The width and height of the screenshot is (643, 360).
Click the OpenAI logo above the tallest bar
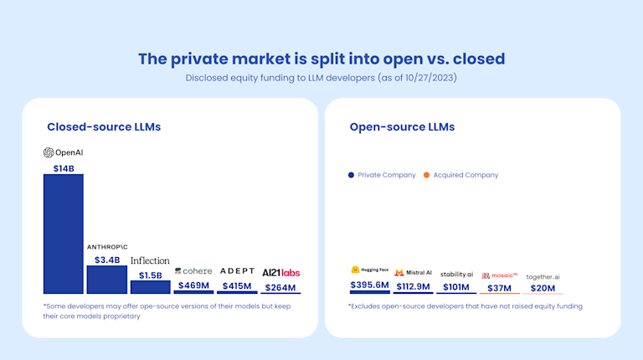click(63, 152)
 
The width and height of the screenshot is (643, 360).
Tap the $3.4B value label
click(106, 260)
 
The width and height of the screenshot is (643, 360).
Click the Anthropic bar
click(106, 280)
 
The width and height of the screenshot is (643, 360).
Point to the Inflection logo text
click(150, 260)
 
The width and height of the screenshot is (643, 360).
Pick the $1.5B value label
click(150, 275)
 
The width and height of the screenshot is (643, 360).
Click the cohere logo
click(193, 271)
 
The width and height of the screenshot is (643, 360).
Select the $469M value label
click(193, 285)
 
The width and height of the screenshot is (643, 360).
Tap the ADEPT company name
click(237, 271)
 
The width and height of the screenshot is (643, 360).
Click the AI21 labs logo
click(280, 272)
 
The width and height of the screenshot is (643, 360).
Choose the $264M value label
click(280, 287)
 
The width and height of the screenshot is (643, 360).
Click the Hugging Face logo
click(369, 270)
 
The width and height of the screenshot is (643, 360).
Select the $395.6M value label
click(369, 285)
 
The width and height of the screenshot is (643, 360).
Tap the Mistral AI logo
click(413, 272)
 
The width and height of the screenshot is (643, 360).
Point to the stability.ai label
click(456, 274)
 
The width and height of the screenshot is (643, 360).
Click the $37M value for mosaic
click(500, 287)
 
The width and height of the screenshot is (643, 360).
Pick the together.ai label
click(543, 276)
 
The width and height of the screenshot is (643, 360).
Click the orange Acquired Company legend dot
click(426, 175)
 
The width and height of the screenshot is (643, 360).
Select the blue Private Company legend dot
click(351, 175)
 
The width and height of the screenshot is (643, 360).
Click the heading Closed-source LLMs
click(104, 127)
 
